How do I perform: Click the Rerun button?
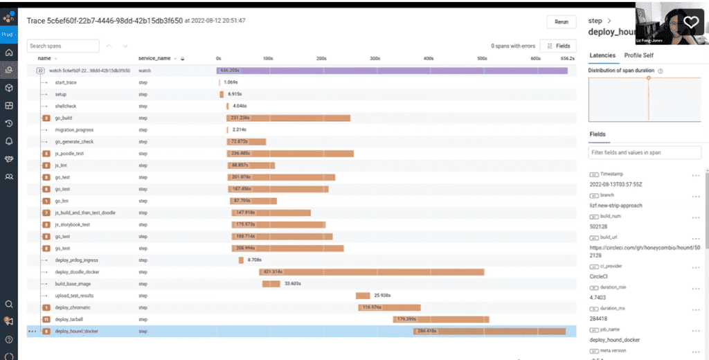(561, 22)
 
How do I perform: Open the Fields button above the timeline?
(557, 46)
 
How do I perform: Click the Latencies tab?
(602, 55)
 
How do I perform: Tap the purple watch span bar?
(392, 71)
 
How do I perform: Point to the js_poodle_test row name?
(69, 154)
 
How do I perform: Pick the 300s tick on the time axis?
(375, 58)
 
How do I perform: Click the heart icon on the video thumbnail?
(691, 22)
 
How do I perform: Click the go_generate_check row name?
(75, 142)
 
